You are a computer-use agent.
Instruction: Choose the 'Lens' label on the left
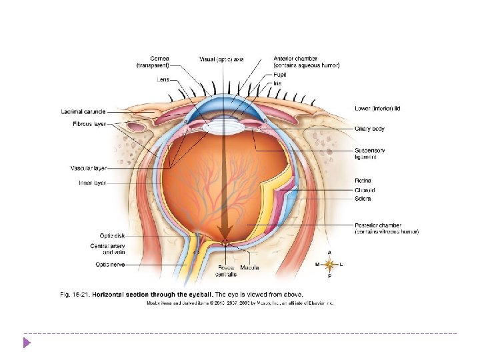click(x=163, y=80)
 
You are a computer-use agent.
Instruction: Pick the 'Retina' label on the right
click(x=363, y=180)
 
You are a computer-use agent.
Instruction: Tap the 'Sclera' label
click(x=363, y=199)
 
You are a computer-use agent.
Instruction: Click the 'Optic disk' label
click(x=111, y=235)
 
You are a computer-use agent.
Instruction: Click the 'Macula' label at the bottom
click(x=250, y=267)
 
